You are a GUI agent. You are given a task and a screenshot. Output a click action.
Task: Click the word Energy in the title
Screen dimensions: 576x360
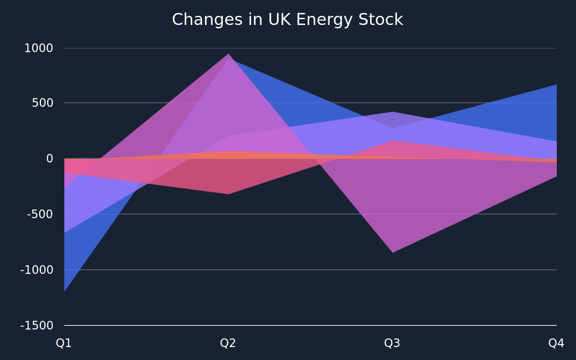tap(324, 20)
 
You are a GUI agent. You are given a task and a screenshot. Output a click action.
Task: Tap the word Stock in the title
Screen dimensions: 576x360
tap(381, 20)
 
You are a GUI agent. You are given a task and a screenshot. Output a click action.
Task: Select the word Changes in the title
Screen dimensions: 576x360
tap(207, 20)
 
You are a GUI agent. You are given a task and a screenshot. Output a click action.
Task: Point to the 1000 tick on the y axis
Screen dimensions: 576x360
tap(38, 48)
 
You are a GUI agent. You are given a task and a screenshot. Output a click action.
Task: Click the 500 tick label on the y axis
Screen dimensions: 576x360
tap(42, 103)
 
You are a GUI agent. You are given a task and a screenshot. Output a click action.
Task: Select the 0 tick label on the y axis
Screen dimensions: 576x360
tap(49, 158)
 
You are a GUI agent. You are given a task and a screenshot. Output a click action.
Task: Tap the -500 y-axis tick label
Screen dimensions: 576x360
tap(40, 214)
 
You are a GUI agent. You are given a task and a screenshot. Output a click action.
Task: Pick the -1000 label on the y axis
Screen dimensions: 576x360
tap(36, 270)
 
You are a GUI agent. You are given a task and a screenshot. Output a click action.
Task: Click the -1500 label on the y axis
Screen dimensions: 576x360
tap(36, 325)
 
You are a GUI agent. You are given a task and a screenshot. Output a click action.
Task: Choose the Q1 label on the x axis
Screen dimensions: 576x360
tap(64, 343)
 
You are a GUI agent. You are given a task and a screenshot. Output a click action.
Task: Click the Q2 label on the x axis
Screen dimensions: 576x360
tap(228, 343)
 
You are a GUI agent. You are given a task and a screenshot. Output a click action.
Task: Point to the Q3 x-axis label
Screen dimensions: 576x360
tap(392, 343)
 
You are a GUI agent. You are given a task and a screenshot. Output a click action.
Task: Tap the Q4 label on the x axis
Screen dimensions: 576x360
tap(556, 343)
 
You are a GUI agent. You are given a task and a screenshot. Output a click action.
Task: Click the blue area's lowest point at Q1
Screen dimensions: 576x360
tap(64, 291)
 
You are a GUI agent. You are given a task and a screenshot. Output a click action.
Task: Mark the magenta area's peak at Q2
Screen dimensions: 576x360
tap(228, 54)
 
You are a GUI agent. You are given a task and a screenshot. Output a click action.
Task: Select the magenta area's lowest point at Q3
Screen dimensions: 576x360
tap(393, 252)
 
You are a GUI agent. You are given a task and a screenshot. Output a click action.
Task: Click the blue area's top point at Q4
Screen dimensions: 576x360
tap(556, 84)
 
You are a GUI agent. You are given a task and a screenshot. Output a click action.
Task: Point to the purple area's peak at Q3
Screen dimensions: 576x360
tap(393, 112)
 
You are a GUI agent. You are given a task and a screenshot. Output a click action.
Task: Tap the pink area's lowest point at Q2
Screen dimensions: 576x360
tap(228, 194)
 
